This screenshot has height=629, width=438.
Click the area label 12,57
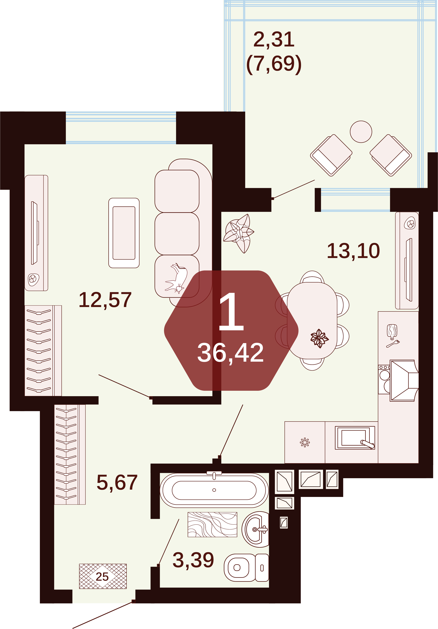click(105, 300)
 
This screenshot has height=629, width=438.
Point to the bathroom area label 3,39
click(193, 560)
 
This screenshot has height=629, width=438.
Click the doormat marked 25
click(103, 576)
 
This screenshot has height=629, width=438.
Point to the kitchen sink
click(355, 438)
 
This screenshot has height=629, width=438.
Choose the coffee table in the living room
click(124, 233)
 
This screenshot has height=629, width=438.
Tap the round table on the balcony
click(361, 132)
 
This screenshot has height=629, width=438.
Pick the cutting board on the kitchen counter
click(392, 331)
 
